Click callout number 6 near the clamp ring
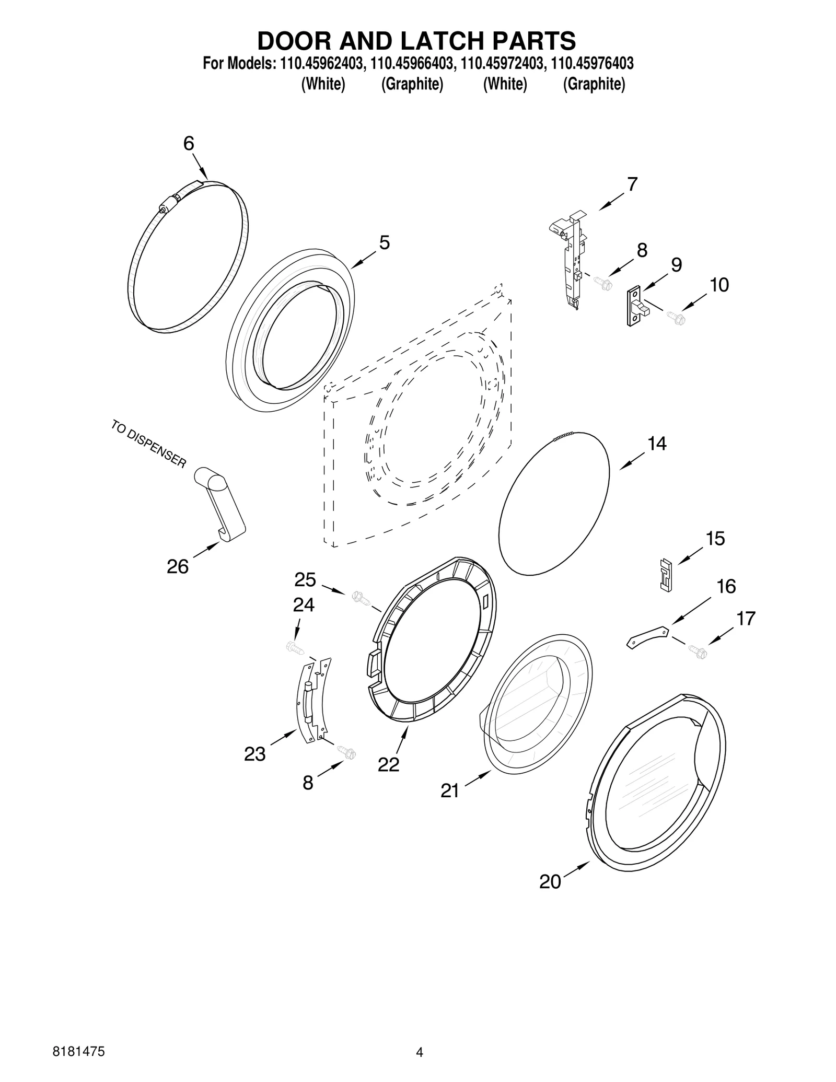coord(189,144)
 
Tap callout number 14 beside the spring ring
coord(657,444)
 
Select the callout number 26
coord(178,566)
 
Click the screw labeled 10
coord(676,317)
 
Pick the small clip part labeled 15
coord(665,575)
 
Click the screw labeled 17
coord(698,651)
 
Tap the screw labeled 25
coord(359,596)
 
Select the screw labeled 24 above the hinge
coord(292,647)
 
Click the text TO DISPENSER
coord(148,444)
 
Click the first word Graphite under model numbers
coord(412,84)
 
